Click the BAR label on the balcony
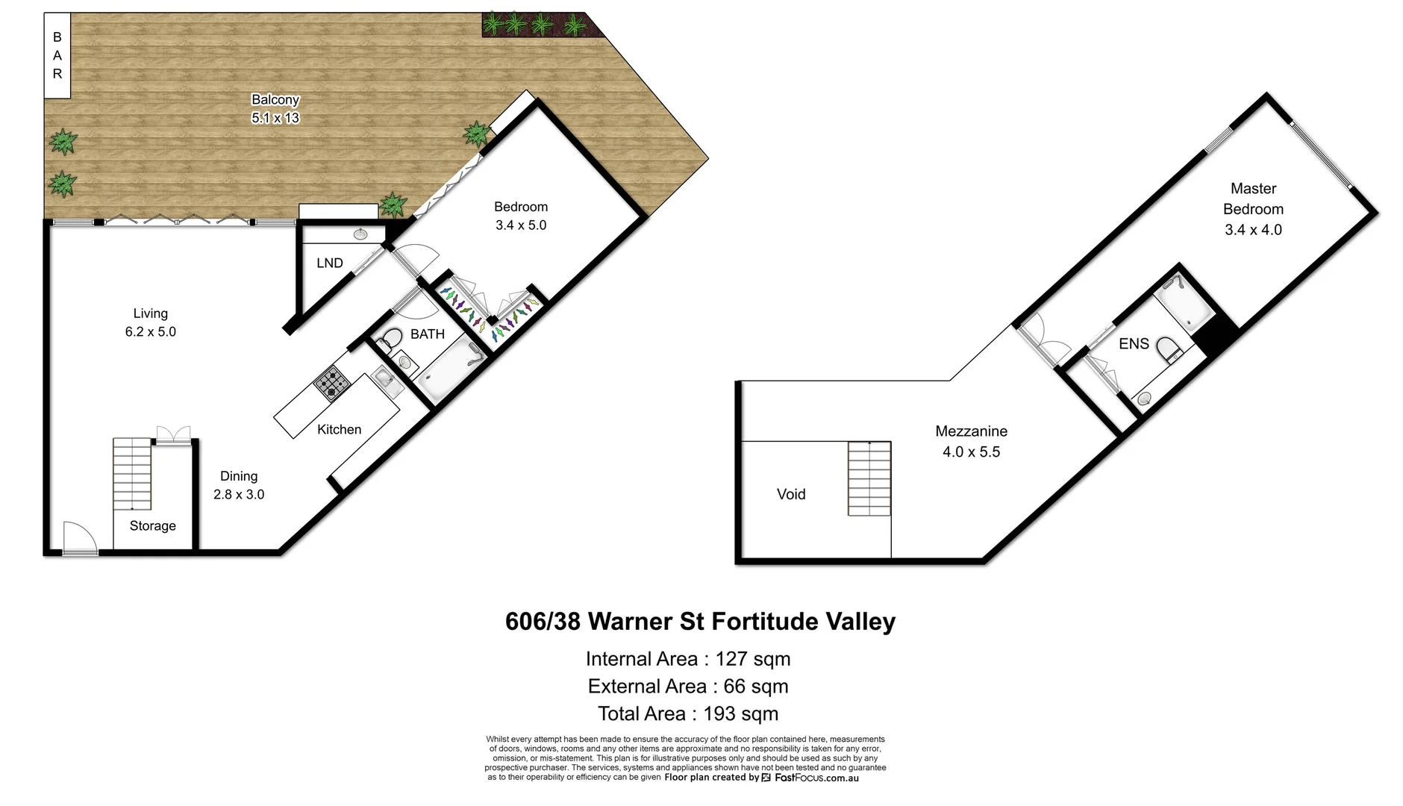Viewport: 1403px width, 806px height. point(57,55)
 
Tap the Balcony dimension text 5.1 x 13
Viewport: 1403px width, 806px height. point(275,118)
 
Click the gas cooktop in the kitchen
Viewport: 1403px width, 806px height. point(331,384)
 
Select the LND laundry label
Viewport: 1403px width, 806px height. point(329,263)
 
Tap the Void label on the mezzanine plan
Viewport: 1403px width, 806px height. point(790,494)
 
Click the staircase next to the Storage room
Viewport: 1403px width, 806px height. point(132,474)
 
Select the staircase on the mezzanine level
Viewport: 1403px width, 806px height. point(869,478)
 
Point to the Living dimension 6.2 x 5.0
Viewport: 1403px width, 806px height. point(150,332)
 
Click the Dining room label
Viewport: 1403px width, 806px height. point(239,476)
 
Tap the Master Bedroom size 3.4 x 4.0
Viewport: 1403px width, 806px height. point(1253,230)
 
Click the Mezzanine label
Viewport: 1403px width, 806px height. point(971,431)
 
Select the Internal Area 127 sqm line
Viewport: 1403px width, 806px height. point(687,659)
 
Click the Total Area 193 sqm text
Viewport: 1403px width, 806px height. point(687,714)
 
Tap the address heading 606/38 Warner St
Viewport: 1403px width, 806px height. point(699,622)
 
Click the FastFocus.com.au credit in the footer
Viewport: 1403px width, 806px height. point(816,778)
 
